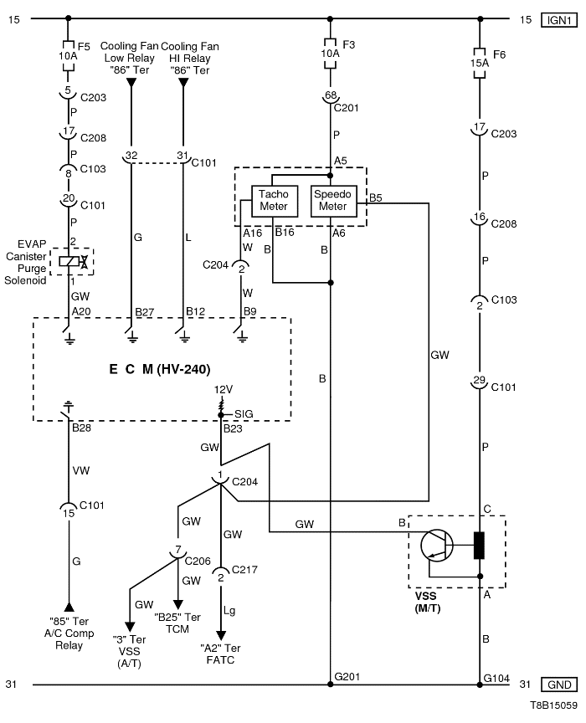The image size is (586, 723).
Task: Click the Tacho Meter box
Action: tap(273, 200)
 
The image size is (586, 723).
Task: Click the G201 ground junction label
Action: tap(347, 675)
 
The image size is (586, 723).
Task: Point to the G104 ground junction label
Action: tap(496, 675)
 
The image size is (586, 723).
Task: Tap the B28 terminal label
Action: tap(81, 428)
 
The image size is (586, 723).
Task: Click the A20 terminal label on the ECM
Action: tap(81, 312)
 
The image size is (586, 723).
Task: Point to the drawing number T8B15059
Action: tap(552, 708)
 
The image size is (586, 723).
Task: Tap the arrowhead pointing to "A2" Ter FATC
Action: tap(221, 634)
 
